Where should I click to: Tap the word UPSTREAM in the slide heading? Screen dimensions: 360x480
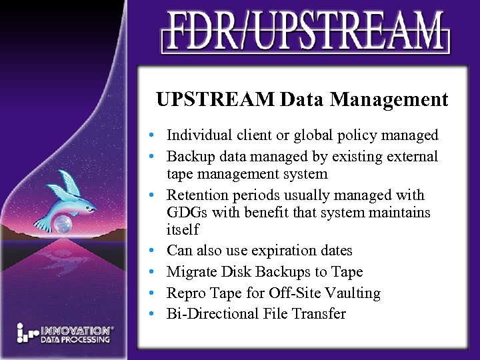pos(215,100)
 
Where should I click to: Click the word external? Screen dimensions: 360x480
pos(412,157)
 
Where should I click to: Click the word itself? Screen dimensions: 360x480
pos(183,230)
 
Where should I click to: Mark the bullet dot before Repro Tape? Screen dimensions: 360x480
pos(153,293)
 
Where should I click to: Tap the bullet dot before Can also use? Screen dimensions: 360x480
pos(153,251)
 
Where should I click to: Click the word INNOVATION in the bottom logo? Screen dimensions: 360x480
pos(75,330)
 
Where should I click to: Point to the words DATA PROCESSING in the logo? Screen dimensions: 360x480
pos(75,339)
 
